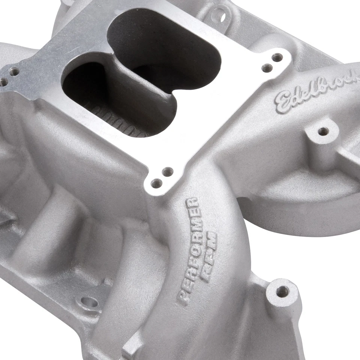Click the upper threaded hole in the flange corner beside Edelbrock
tap(277, 57)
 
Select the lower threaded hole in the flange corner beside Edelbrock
tap(267, 68)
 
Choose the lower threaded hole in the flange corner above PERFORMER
tap(156, 183)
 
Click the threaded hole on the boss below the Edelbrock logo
tap(322, 131)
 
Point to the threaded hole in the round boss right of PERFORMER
tap(282, 291)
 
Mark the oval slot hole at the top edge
tap(222, 17)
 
